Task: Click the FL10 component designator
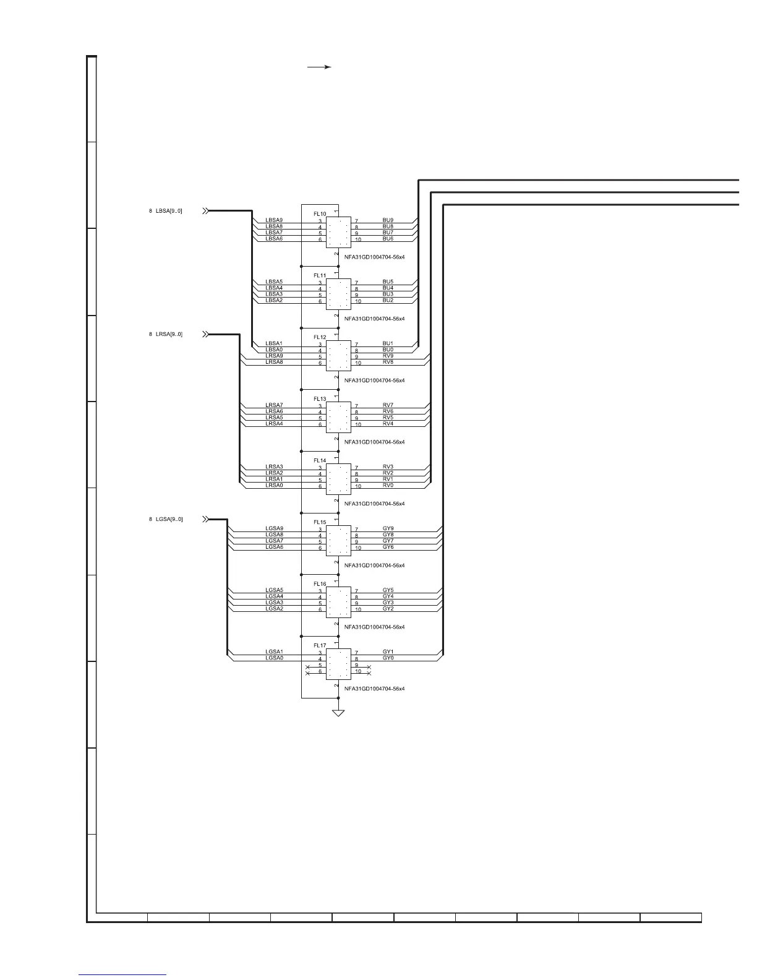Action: [320, 214]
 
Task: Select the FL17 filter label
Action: [320, 646]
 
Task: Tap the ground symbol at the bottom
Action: [338, 713]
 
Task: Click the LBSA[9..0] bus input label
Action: [169, 211]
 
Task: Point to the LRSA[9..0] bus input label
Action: [169, 334]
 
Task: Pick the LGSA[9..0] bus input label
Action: [169, 519]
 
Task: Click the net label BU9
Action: [388, 220]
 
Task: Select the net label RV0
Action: [388, 486]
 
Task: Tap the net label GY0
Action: [388, 658]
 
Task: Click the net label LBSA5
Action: [274, 282]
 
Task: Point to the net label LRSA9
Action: [274, 356]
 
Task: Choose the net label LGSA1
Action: [274, 652]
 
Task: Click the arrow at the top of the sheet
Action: [320, 67]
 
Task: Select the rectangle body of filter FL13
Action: [338, 417]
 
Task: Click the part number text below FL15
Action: [374, 565]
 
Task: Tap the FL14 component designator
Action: [320, 461]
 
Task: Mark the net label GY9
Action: [388, 529]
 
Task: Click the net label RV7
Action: [388, 405]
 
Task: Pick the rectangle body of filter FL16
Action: [338, 602]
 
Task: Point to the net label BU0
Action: [388, 350]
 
